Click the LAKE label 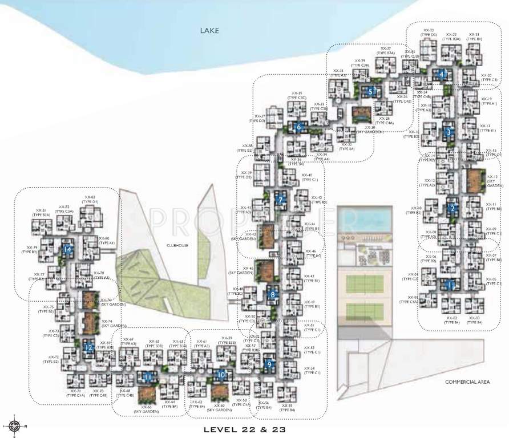click(x=209, y=31)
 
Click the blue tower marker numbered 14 click(x=68, y=249)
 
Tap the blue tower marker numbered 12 click(x=88, y=347)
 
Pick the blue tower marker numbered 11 click(x=147, y=377)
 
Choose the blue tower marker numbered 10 click(x=221, y=375)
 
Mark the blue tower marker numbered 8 click(x=273, y=294)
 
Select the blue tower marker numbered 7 click(x=280, y=200)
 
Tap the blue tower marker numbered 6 click(x=298, y=127)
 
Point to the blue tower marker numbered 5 click(x=371, y=91)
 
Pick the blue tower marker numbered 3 click(x=449, y=132)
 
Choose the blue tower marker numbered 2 click(x=452, y=209)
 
